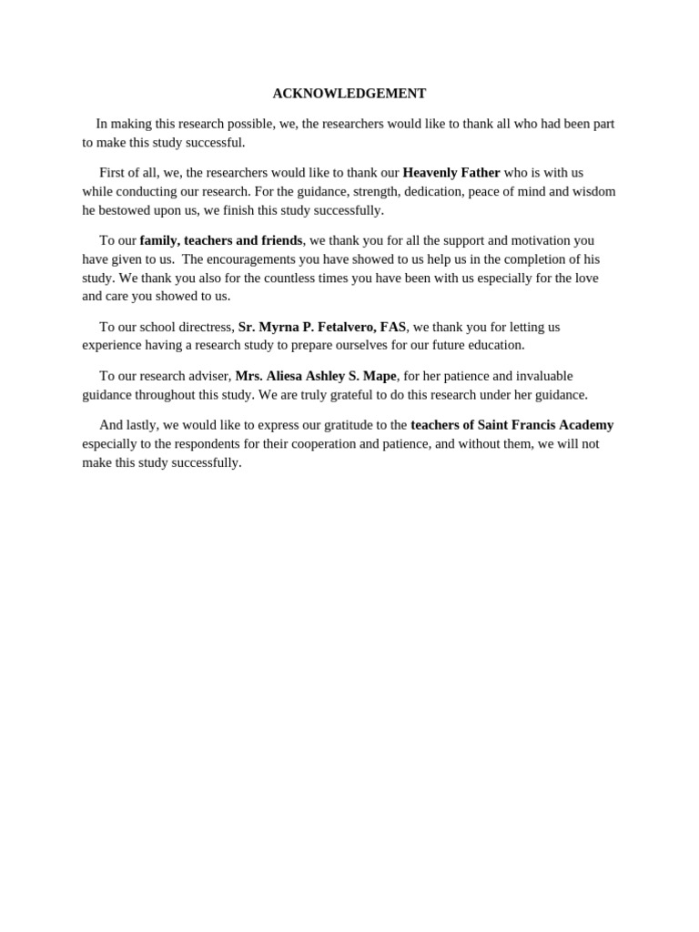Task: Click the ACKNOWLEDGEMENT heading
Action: pyautogui.click(x=349, y=94)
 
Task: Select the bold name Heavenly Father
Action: pyautogui.click(x=451, y=173)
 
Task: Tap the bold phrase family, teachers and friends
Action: pyautogui.click(x=221, y=240)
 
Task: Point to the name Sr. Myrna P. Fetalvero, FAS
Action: pyautogui.click(x=322, y=327)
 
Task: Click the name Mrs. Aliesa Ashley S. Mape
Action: pyautogui.click(x=316, y=376)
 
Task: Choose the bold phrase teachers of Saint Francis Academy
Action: pyautogui.click(x=512, y=425)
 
